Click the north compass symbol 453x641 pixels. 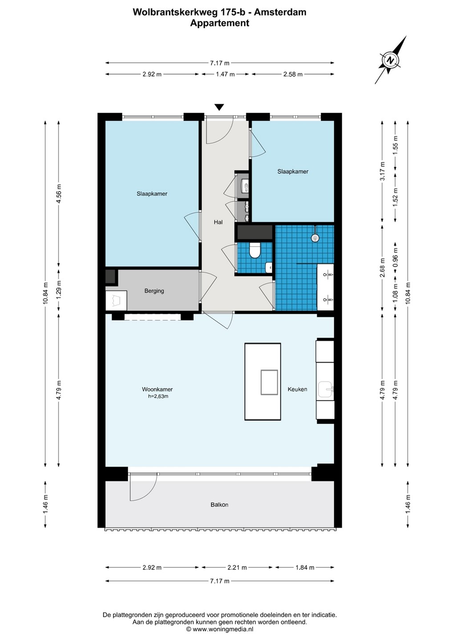(390, 60)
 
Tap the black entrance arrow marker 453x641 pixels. (219, 107)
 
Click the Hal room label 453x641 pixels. (218, 222)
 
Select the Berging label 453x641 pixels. (154, 291)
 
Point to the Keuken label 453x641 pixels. (297, 389)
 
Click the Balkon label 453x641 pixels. (219, 504)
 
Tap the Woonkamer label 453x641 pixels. (157, 389)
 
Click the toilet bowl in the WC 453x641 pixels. (254, 250)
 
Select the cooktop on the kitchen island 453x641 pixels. (269, 382)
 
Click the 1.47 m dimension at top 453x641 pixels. (225, 74)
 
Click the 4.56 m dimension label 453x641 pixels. (59, 194)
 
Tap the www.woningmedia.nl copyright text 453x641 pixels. (220, 629)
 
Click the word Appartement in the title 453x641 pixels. (220, 23)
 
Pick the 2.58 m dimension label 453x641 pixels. (292, 74)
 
